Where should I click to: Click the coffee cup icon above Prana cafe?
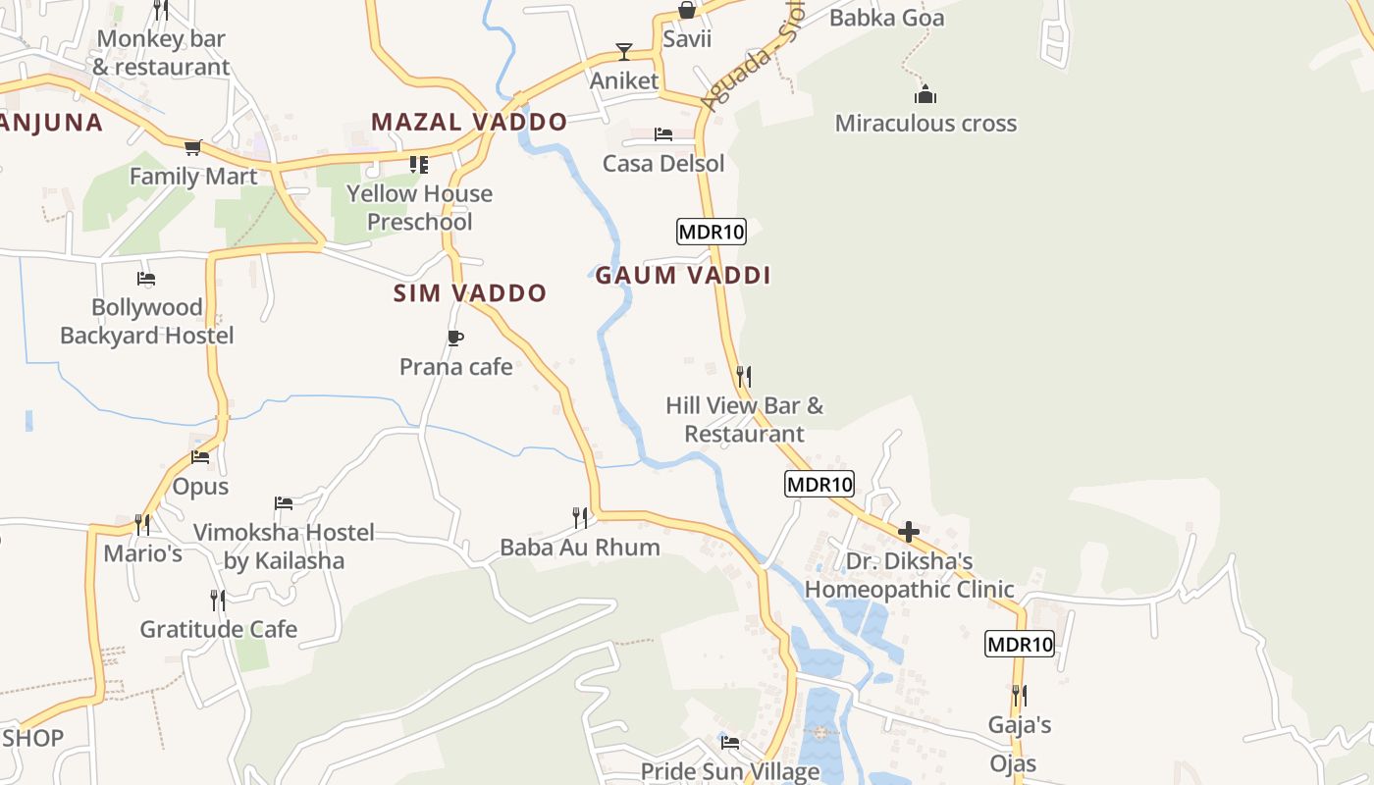454,339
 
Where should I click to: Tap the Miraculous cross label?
925,124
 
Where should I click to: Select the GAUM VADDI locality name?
683,276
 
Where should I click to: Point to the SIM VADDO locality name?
470,293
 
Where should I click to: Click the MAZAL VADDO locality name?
469,123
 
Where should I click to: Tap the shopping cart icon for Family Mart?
192,148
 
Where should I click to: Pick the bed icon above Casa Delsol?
663,134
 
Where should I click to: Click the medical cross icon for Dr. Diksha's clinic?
909,532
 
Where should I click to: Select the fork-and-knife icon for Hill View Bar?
744,376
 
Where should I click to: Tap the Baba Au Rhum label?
580,548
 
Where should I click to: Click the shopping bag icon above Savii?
687,11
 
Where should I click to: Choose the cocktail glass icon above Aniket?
623,52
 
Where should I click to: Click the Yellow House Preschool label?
420,208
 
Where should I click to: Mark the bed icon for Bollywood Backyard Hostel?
146,279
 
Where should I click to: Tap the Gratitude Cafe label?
218,629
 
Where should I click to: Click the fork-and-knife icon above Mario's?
143,524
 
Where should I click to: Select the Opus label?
200,487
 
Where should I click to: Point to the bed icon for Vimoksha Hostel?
284,503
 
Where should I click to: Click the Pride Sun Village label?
730,771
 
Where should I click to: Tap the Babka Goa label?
886,18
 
